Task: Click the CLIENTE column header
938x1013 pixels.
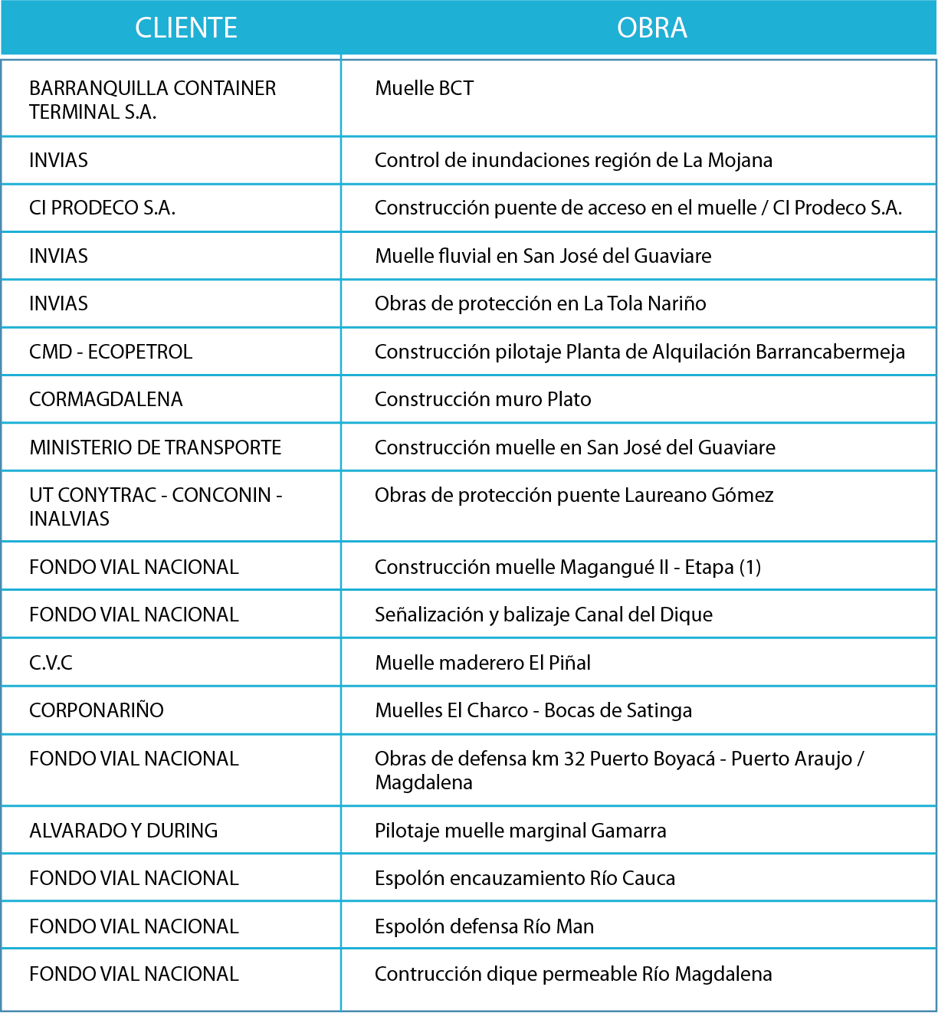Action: [x=186, y=28]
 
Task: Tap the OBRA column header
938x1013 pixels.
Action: [x=651, y=28]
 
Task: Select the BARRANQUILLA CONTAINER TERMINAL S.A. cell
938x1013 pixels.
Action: [x=153, y=100]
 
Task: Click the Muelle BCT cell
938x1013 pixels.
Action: [x=424, y=89]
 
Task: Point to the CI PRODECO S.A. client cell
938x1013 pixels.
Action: [x=102, y=208]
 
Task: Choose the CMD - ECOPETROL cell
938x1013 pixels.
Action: [x=110, y=352]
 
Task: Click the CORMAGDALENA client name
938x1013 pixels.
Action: [x=106, y=399]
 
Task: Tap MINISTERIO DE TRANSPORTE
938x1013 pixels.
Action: [x=156, y=447]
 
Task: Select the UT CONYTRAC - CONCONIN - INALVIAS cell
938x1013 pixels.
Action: [x=156, y=507]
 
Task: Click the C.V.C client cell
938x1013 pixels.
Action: [x=51, y=663]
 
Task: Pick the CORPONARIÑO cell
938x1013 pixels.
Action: [x=97, y=710]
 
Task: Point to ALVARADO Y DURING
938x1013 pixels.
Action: [x=123, y=831]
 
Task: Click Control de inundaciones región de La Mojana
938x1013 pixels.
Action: [x=573, y=160]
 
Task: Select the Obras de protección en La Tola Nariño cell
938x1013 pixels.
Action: [x=540, y=304]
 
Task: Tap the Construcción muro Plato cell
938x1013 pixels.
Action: [x=483, y=399]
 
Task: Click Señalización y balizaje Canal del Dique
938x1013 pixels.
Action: [x=543, y=615]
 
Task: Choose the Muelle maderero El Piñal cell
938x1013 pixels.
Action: [x=483, y=663]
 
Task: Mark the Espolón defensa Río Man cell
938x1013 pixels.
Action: [x=484, y=926]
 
